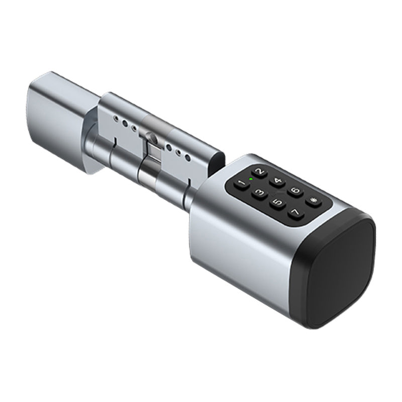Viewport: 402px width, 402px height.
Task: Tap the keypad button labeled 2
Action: tap(259, 173)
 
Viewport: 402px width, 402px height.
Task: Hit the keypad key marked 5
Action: tap(276, 204)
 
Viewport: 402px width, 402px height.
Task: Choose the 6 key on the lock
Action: tap(295, 191)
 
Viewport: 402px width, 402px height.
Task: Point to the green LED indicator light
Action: tap(250, 178)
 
